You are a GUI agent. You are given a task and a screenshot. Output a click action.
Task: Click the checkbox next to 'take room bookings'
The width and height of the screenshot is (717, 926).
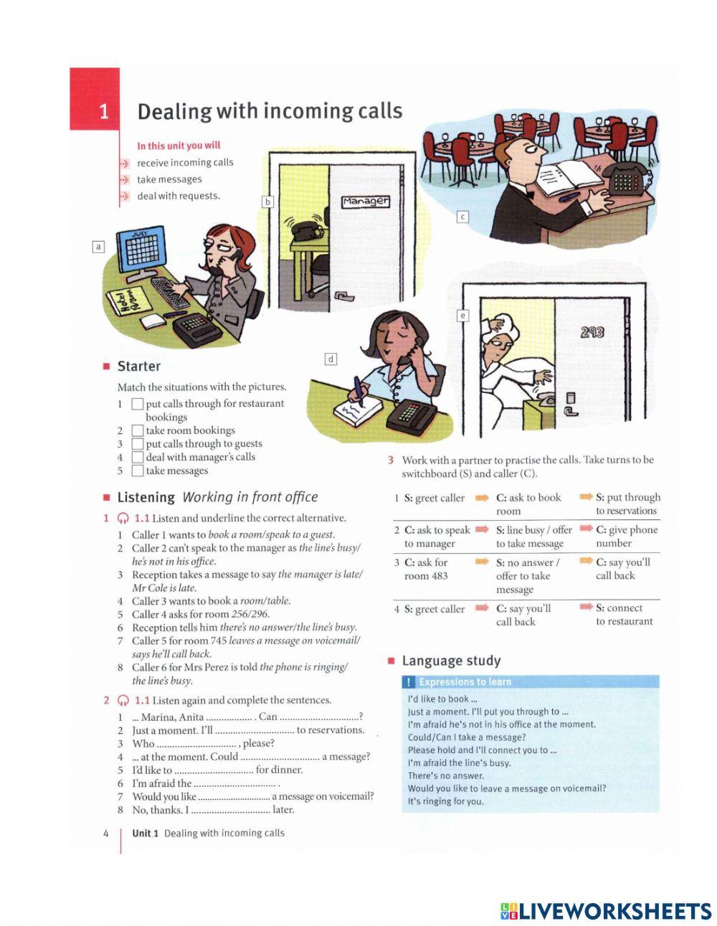click(x=138, y=430)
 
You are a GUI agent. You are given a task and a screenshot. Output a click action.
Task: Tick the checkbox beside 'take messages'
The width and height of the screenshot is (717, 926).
click(x=138, y=471)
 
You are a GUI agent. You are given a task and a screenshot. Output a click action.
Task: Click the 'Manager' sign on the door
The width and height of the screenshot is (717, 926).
click(x=366, y=202)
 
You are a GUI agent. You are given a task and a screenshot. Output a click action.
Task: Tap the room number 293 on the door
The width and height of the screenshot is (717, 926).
click(x=592, y=331)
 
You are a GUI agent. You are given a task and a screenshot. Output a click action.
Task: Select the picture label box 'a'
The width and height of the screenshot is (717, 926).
click(x=99, y=247)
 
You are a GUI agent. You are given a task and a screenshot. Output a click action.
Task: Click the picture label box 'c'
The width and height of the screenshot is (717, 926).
click(x=462, y=216)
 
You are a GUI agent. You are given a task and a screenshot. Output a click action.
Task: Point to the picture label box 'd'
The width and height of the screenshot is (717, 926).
click(x=331, y=359)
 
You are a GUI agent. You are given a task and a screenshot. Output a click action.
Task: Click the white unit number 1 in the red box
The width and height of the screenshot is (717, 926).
click(x=103, y=111)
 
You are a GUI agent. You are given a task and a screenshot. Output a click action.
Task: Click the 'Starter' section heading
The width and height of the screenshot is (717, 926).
click(x=138, y=367)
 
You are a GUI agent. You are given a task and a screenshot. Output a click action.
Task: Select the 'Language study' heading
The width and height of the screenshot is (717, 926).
click(x=451, y=661)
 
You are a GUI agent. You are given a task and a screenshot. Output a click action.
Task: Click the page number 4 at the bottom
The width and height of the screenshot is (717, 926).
click(x=106, y=833)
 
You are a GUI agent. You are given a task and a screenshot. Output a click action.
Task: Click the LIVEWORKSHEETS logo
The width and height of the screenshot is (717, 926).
click(x=606, y=911)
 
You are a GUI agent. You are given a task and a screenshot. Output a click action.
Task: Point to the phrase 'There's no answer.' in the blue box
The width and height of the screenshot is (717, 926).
click(x=446, y=775)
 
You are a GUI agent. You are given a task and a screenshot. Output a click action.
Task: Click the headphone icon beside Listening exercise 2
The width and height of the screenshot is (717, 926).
click(x=123, y=701)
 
